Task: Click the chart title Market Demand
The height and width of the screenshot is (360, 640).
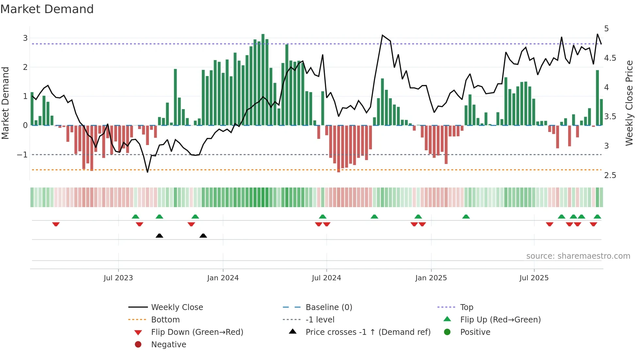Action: [47, 9]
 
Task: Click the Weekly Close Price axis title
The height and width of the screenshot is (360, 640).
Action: [629, 103]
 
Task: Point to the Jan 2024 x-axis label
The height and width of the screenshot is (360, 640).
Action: [223, 278]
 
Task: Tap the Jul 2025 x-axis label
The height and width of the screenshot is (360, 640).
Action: [534, 278]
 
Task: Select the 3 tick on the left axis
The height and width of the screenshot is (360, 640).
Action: [25, 38]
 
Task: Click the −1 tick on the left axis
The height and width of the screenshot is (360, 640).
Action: [23, 155]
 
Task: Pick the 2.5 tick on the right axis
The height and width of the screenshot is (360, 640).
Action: [610, 175]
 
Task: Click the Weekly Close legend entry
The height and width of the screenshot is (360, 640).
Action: [177, 307]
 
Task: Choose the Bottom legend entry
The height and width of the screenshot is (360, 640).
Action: [165, 320]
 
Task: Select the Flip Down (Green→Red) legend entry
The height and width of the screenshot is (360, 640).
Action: [197, 332]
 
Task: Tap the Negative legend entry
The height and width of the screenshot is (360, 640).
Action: [168, 345]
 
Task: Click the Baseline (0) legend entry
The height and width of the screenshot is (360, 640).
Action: [328, 307]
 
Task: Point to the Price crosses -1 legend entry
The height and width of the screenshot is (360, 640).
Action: [368, 332]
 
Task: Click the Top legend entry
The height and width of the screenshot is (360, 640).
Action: [466, 307]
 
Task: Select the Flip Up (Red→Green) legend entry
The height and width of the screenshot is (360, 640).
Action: [500, 320]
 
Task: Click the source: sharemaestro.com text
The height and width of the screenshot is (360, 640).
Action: [578, 256]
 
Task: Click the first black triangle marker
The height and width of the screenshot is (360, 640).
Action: [159, 236]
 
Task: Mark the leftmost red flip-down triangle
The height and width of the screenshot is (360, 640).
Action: [56, 224]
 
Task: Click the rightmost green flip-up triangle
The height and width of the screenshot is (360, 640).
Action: [597, 217]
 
